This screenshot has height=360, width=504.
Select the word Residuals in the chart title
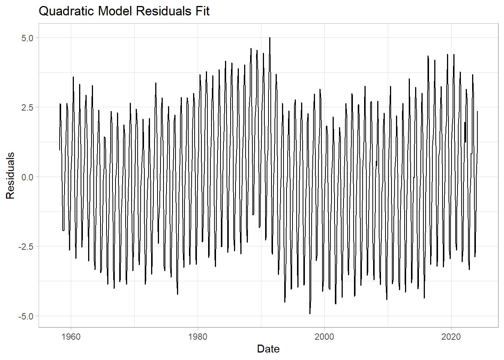tap(163, 11)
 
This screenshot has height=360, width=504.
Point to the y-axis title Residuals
tap(10, 175)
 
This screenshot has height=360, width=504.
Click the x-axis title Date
tap(268, 349)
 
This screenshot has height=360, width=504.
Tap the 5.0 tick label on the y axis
tap(27, 38)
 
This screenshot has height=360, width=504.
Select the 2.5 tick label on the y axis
tap(27, 107)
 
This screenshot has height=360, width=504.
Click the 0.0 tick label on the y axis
tap(27, 177)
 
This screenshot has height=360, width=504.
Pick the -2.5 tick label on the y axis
tap(26, 246)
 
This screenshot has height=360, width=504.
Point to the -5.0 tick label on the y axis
tap(26, 316)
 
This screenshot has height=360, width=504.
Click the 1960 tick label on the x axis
tap(71, 336)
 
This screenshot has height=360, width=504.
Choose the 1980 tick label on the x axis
tap(198, 336)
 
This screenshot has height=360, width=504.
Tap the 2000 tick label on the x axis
tap(324, 336)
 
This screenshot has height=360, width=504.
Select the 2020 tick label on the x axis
tap(451, 336)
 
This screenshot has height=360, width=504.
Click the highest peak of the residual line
tap(270, 38)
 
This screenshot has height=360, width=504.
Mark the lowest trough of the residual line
tap(310, 313)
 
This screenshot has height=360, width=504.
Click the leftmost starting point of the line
tap(60, 150)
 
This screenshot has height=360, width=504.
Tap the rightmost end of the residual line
tap(477, 111)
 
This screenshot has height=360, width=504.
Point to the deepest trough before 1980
tap(177, 294)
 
